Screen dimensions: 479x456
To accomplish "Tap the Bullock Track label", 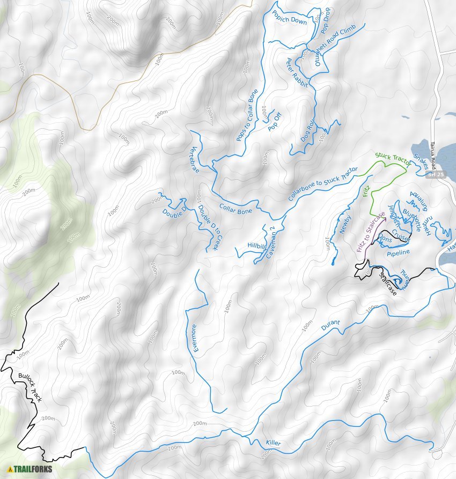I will pos(29,387).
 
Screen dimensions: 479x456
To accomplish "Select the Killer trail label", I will pos(273,444).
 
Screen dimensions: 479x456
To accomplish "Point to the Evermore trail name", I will pos(195,338).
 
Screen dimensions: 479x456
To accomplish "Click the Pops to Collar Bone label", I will pos(247,115).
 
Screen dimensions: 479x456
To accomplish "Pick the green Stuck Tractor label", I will pos(392,159).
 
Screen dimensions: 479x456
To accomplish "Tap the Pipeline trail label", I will pos(398,252).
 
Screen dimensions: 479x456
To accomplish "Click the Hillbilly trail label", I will pos(256,246).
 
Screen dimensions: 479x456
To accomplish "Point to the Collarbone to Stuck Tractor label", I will pos(322,183).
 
